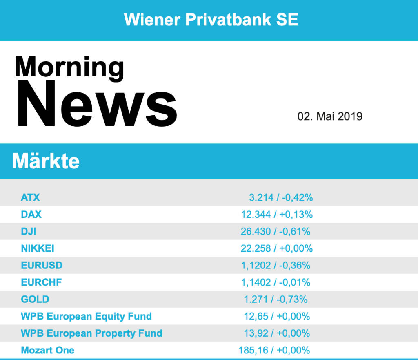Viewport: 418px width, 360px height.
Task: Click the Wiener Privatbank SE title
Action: click(211, 19)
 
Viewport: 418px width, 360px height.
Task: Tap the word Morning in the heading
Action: click(69, 66)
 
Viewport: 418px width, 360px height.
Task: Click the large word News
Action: click(96, 104)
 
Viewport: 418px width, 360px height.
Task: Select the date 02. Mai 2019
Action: click(330, 116)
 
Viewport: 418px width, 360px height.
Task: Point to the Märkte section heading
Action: click(46, 161)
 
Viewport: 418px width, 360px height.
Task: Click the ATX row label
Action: click(30, 197)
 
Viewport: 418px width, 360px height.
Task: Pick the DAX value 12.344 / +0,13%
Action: click(277, 215)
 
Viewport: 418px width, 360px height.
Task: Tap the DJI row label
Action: click(28, 231)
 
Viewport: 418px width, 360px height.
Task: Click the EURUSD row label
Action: click(42, 265)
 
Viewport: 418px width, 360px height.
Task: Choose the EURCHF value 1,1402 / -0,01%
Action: click(276, 282)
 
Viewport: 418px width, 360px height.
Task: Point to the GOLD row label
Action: click(35, 299)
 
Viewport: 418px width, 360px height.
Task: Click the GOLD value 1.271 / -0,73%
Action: click(276, 299)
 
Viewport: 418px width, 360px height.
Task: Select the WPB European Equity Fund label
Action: click(86, 316)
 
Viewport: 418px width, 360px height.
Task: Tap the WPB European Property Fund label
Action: click(91, 333)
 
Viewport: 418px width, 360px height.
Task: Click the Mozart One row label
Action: click(47, 350)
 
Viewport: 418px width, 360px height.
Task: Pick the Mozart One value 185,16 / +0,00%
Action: click(274, 350)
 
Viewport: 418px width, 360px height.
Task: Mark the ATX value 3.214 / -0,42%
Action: click(281, 197)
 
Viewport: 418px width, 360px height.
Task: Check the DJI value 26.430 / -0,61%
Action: click(276, 231)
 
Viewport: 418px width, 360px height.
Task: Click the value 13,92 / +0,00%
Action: click(277, 333)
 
